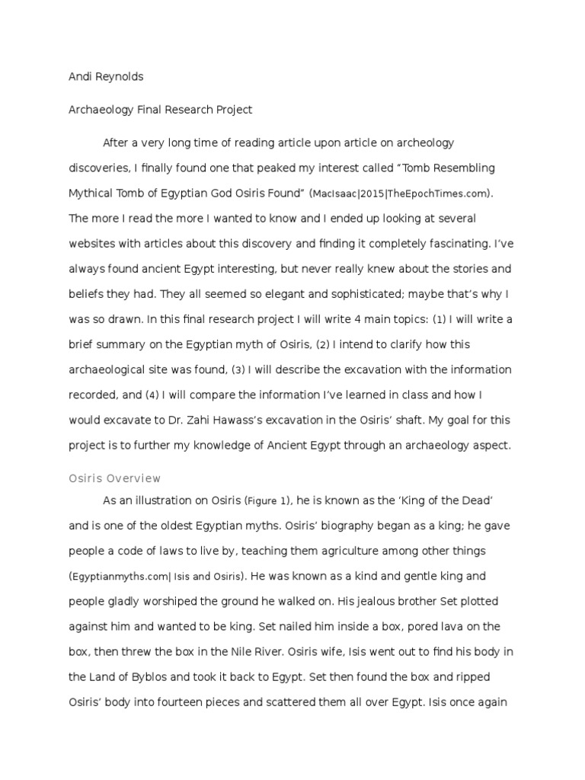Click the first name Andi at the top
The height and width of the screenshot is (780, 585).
[82, 77]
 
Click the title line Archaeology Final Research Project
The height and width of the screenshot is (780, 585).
[160, 110]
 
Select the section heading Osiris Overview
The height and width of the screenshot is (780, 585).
[115, 478]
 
